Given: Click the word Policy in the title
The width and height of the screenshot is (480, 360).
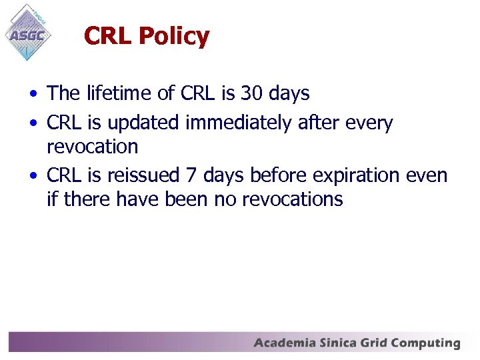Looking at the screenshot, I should click(x=174, y=36).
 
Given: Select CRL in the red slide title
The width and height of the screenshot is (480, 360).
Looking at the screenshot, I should click(x=108, y=36).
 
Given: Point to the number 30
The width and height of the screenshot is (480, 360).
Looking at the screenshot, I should click(x=252, y=93).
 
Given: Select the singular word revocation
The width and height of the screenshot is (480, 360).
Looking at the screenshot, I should click(x=92, y=146).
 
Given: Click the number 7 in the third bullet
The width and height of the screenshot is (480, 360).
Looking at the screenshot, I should click(x=191, y=175).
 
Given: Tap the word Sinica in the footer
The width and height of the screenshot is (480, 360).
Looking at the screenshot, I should click(x=339, y=343).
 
